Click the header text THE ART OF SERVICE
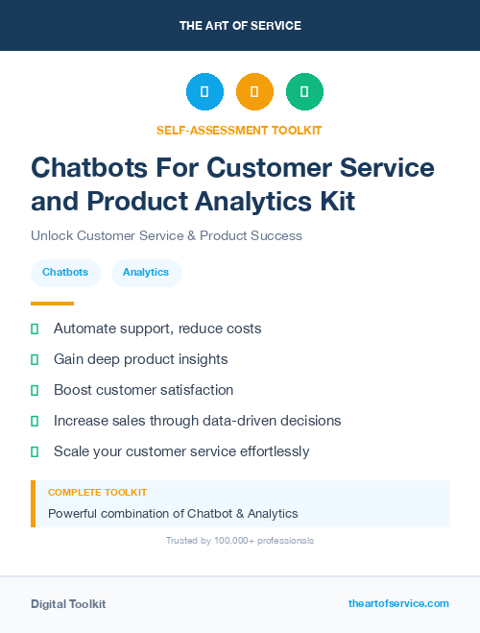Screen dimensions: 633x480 point(240,26)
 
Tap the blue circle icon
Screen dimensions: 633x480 point(204,92)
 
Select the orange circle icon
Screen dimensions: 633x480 point(254,92)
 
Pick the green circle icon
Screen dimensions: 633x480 point(304,92)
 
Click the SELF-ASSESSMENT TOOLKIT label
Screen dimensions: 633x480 point(240,130)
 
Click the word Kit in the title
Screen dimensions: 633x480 point(334,202)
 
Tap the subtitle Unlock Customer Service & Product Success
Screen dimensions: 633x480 point(166,235)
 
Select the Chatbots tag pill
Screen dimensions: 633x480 point(65,273)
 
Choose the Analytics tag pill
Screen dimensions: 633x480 point(146,273)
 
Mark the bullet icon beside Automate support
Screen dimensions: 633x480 point(35,329)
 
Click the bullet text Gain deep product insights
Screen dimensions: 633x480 point(140,359)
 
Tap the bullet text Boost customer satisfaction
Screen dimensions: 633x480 point(143,390)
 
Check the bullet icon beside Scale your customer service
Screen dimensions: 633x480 point(35,451)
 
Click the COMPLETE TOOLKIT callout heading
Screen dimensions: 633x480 point(97,492)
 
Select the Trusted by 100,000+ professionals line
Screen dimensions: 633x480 point(240,541)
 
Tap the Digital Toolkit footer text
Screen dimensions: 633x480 point(68,604)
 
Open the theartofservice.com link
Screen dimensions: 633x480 point(398,603)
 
